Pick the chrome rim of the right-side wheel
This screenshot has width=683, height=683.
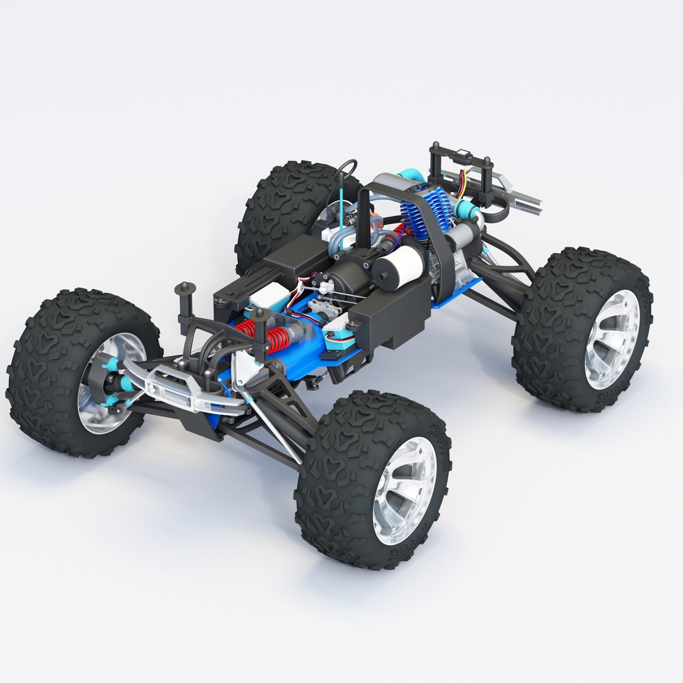(x=612, y=339)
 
